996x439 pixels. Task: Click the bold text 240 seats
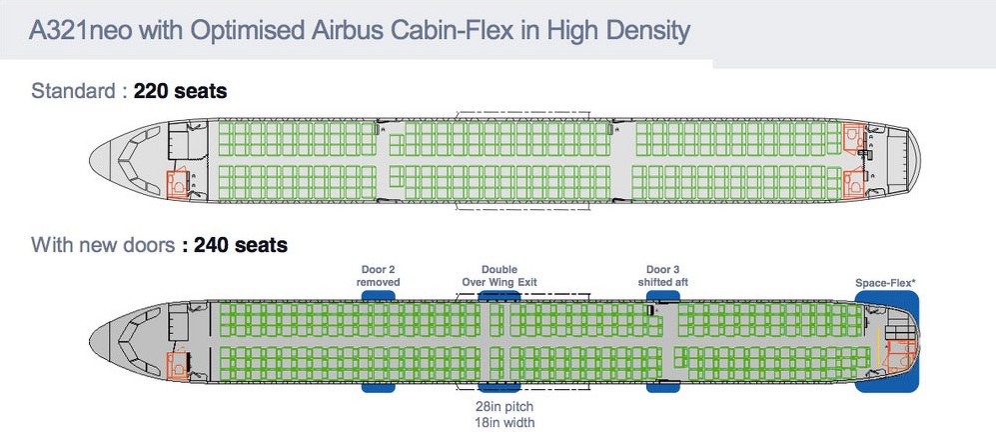[x=241, y=245]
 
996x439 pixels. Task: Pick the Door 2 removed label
[x=379, y=276]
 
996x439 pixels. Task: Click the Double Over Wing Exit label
[x=499, y=276]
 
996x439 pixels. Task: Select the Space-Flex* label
[x=886, y=283]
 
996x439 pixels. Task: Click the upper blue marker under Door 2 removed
[x=379, y=297]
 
